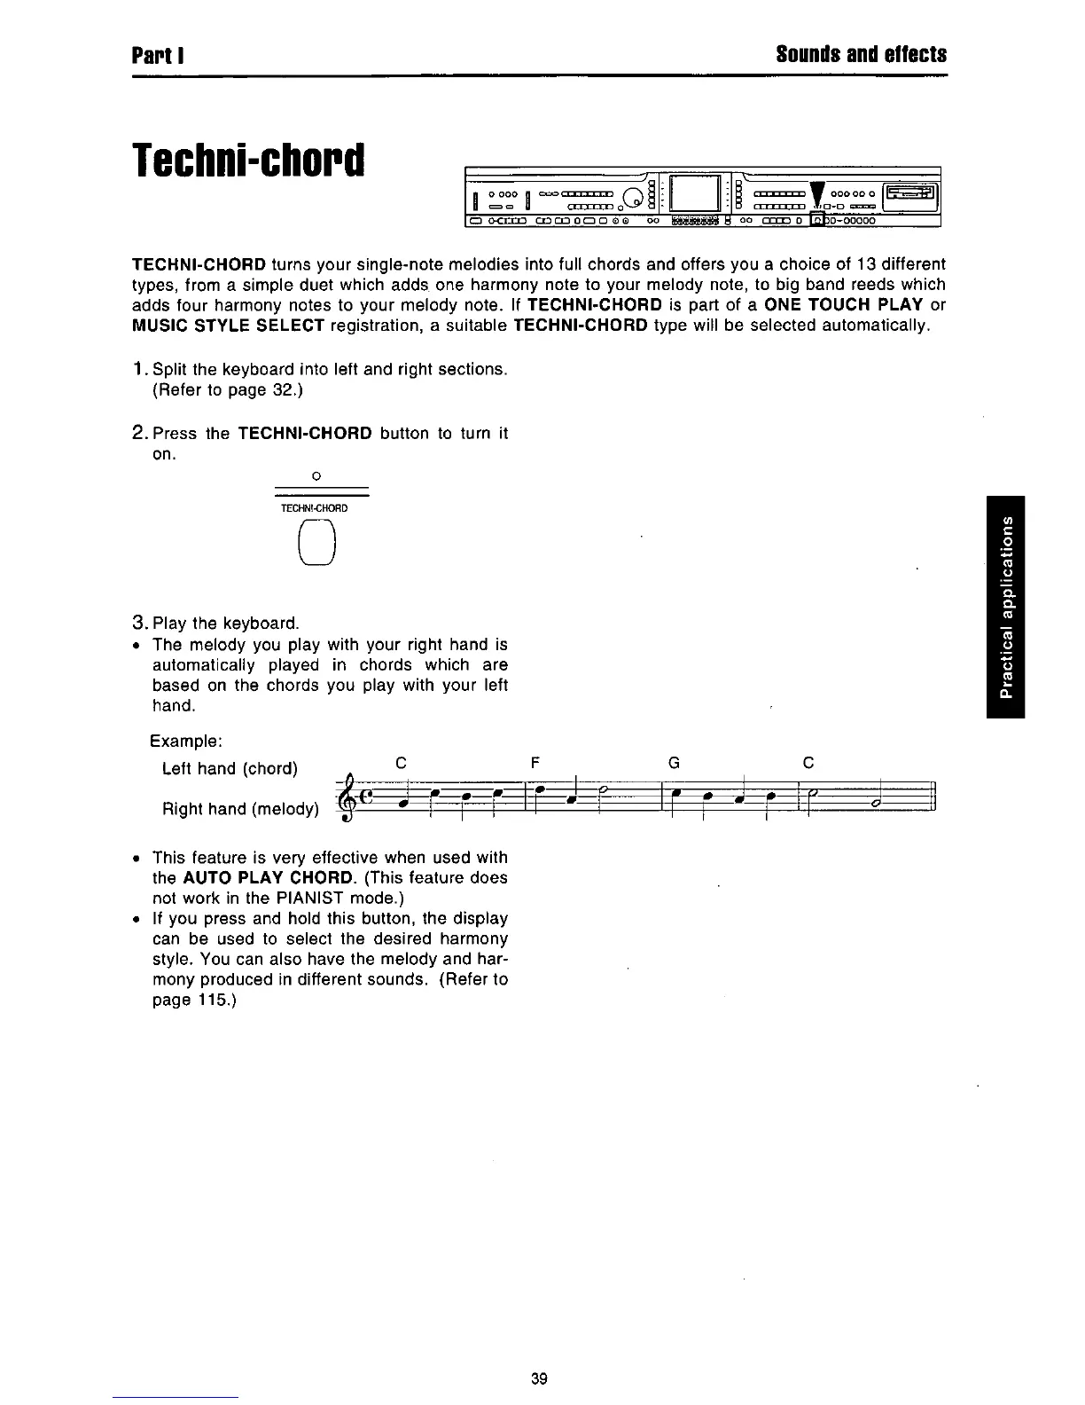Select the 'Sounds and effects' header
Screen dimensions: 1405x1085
point(861,55)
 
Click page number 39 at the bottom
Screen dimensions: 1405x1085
point(539,1378)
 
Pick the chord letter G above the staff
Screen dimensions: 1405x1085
point(674,763)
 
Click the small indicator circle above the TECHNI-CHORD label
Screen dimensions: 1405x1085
point(316,477)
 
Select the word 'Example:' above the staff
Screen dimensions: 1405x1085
point(186,741)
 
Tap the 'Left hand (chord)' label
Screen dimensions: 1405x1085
point(230,768)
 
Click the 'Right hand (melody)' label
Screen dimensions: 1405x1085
point(240,809)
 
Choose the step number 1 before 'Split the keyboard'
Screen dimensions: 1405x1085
point(137,369)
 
